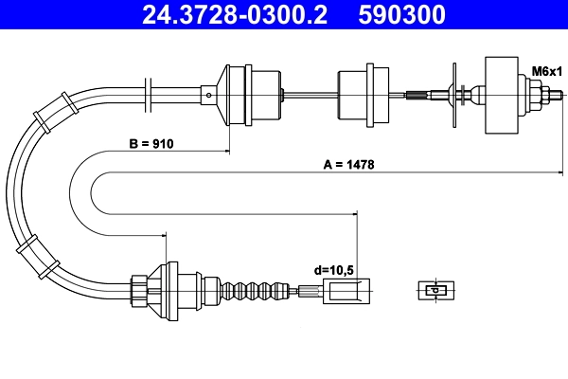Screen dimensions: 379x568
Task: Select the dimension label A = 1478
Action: (x=349, y=163)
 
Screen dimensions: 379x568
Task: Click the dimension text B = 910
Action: (x=152, y=145)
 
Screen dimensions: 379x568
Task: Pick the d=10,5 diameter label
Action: (x=333, y=270)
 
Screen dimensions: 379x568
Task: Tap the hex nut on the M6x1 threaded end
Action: (x=548, y=94)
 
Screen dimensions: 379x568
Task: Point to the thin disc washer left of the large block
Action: (x=453, y=93)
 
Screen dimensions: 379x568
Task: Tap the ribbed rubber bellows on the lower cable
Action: (x=252, y=288)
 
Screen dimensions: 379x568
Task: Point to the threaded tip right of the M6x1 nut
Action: (x=561, y=94)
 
